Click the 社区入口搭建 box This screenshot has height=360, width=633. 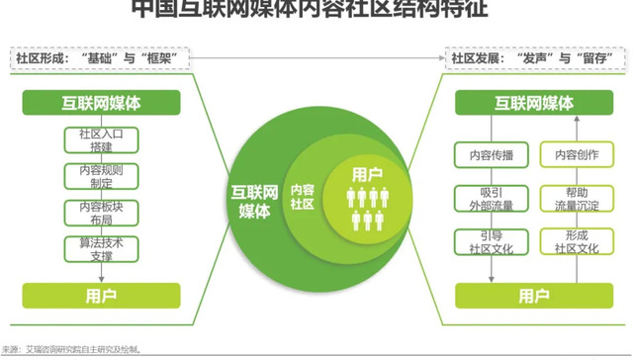click(89, 139)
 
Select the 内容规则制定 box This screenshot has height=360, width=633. click(89, 176)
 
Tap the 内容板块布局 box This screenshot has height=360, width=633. click(89, 214)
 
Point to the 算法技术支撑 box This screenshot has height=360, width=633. click(89, 249)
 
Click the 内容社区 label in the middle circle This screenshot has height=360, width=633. click(302, 195)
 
